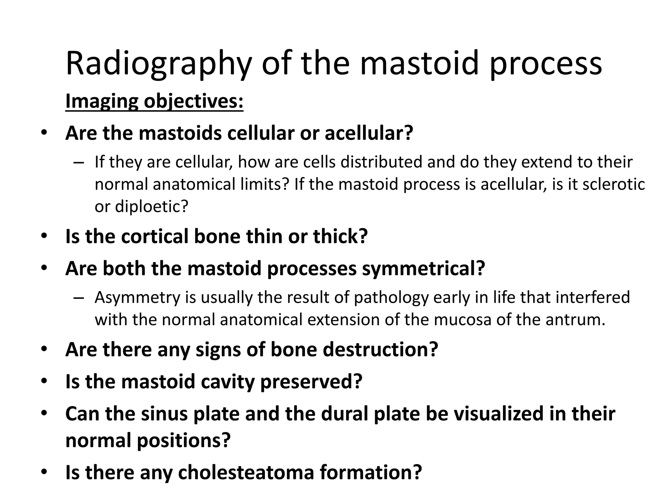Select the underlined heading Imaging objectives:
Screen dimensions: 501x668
coord(154,101)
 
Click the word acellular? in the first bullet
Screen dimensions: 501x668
coord(369,133)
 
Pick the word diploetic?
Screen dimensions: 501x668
coord(152,206)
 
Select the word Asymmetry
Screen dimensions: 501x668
coord(137,297)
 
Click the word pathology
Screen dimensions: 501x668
coord(391,297)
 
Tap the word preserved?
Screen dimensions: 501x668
coord(311,381)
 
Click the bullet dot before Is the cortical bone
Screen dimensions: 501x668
coord(44,236)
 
